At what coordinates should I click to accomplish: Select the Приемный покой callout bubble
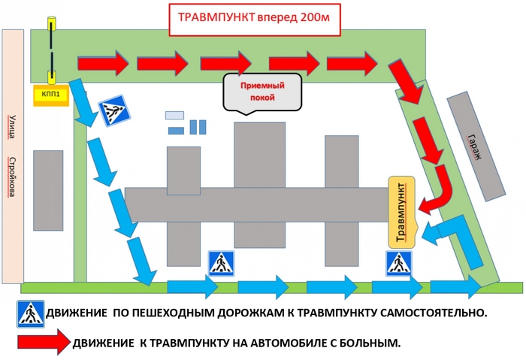click(x=258, y=92)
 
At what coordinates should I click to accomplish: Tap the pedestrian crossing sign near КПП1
click(x=113, y=111)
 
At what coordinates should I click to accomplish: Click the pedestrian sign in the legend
click(x=31, y=313)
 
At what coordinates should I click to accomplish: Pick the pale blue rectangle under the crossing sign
click(x=174, y=115)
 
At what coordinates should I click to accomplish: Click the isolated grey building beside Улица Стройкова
click(x=47, y=190)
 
